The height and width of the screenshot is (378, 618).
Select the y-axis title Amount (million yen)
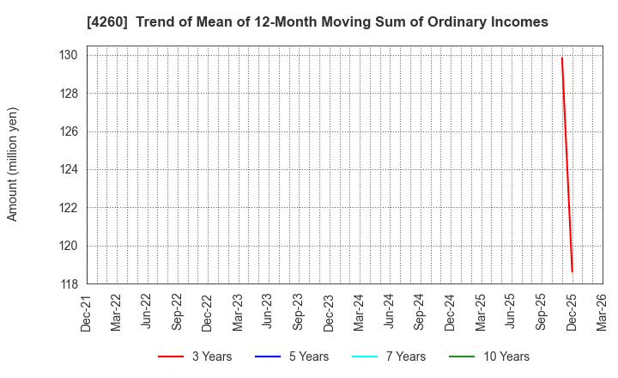13,164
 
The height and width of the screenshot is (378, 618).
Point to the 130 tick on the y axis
70,55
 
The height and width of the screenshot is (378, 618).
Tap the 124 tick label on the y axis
70,169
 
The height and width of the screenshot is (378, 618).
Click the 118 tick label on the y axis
70,283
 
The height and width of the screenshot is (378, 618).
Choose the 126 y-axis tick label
70,131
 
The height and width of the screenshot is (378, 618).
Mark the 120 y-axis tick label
70,246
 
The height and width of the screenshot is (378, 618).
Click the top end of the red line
561,58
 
